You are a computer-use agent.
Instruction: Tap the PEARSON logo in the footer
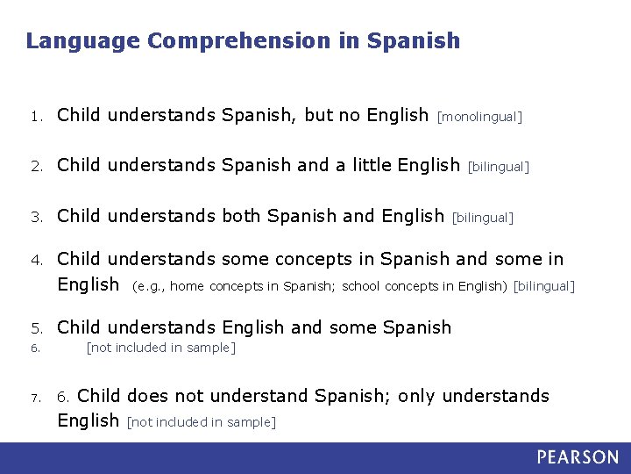pyautogui.click(x=578, y=457)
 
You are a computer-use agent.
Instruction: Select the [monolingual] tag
pyautogui.click(x=479, y=117)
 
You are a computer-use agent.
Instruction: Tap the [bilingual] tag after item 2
pyautogui.click(x=499, y=166)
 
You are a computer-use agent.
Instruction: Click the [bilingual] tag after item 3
pyautogui.click(x=482, y=217)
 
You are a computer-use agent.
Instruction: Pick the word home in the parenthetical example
pyautogui.click(x=188, y=285)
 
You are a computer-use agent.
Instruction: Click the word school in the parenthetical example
pyautogui.click(x=361, y=285)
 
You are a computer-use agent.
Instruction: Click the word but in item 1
pyautogui.click(x=320, y=115)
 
